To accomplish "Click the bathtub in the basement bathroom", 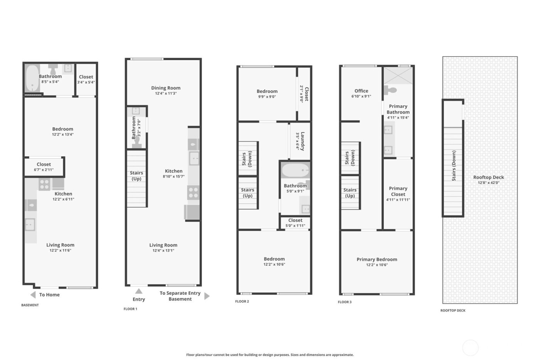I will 32,78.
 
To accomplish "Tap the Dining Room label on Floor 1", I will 166,88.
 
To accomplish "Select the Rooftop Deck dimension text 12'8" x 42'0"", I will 488,183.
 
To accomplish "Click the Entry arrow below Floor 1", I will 139,291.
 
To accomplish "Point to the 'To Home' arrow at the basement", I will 33,295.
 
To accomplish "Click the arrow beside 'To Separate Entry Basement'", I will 207,296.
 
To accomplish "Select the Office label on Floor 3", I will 361,91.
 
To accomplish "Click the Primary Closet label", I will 398,191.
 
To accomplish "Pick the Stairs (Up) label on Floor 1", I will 137,176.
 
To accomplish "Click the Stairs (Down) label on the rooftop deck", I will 454,166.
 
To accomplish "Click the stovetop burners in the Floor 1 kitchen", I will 193,192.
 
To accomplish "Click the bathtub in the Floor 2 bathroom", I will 295,170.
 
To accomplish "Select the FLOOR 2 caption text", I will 242,301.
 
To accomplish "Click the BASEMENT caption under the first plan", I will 30,305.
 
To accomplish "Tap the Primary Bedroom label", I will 376,259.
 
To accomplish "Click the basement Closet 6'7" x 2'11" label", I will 44,164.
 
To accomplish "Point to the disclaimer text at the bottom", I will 270,355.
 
